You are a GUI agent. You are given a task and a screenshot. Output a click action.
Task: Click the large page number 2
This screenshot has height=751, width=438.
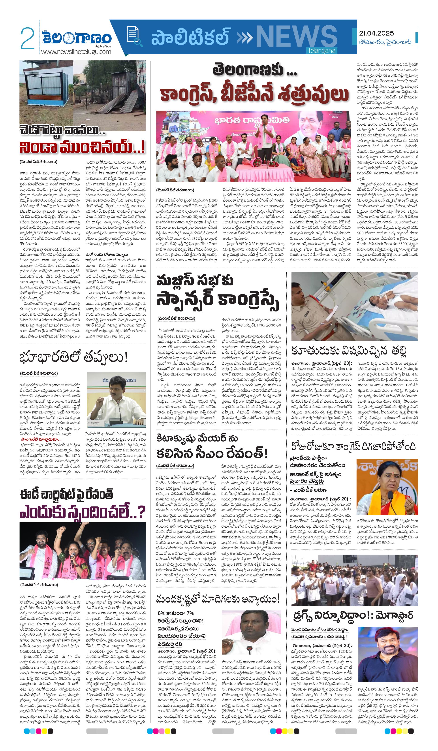pyautogui.click(x=27, y=38)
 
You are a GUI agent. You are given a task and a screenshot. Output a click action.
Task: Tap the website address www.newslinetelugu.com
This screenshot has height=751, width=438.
pyautogui.click(x=76, y=52)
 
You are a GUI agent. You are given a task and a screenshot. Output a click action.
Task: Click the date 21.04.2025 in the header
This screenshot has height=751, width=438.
pyautogui.click(x=376, y=33)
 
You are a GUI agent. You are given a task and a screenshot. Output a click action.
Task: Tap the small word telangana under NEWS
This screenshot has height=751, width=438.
pyautogui.click(x=321, y=51)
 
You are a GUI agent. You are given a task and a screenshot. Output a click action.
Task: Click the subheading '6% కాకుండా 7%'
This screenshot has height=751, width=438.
pyautogui.click(x=176, y=613)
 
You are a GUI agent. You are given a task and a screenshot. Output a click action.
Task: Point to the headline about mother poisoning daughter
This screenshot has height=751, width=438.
pyautogui.click(x=349, y=351)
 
